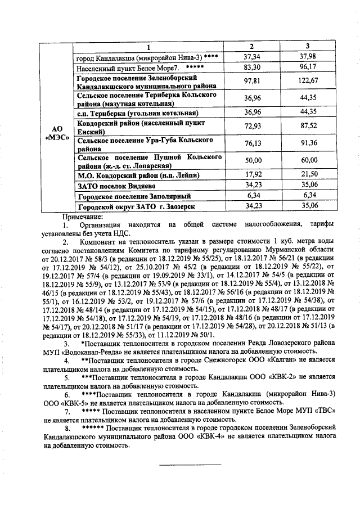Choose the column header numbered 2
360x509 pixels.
tap(251, 46)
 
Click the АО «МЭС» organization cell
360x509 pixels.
tap(57, 134)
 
